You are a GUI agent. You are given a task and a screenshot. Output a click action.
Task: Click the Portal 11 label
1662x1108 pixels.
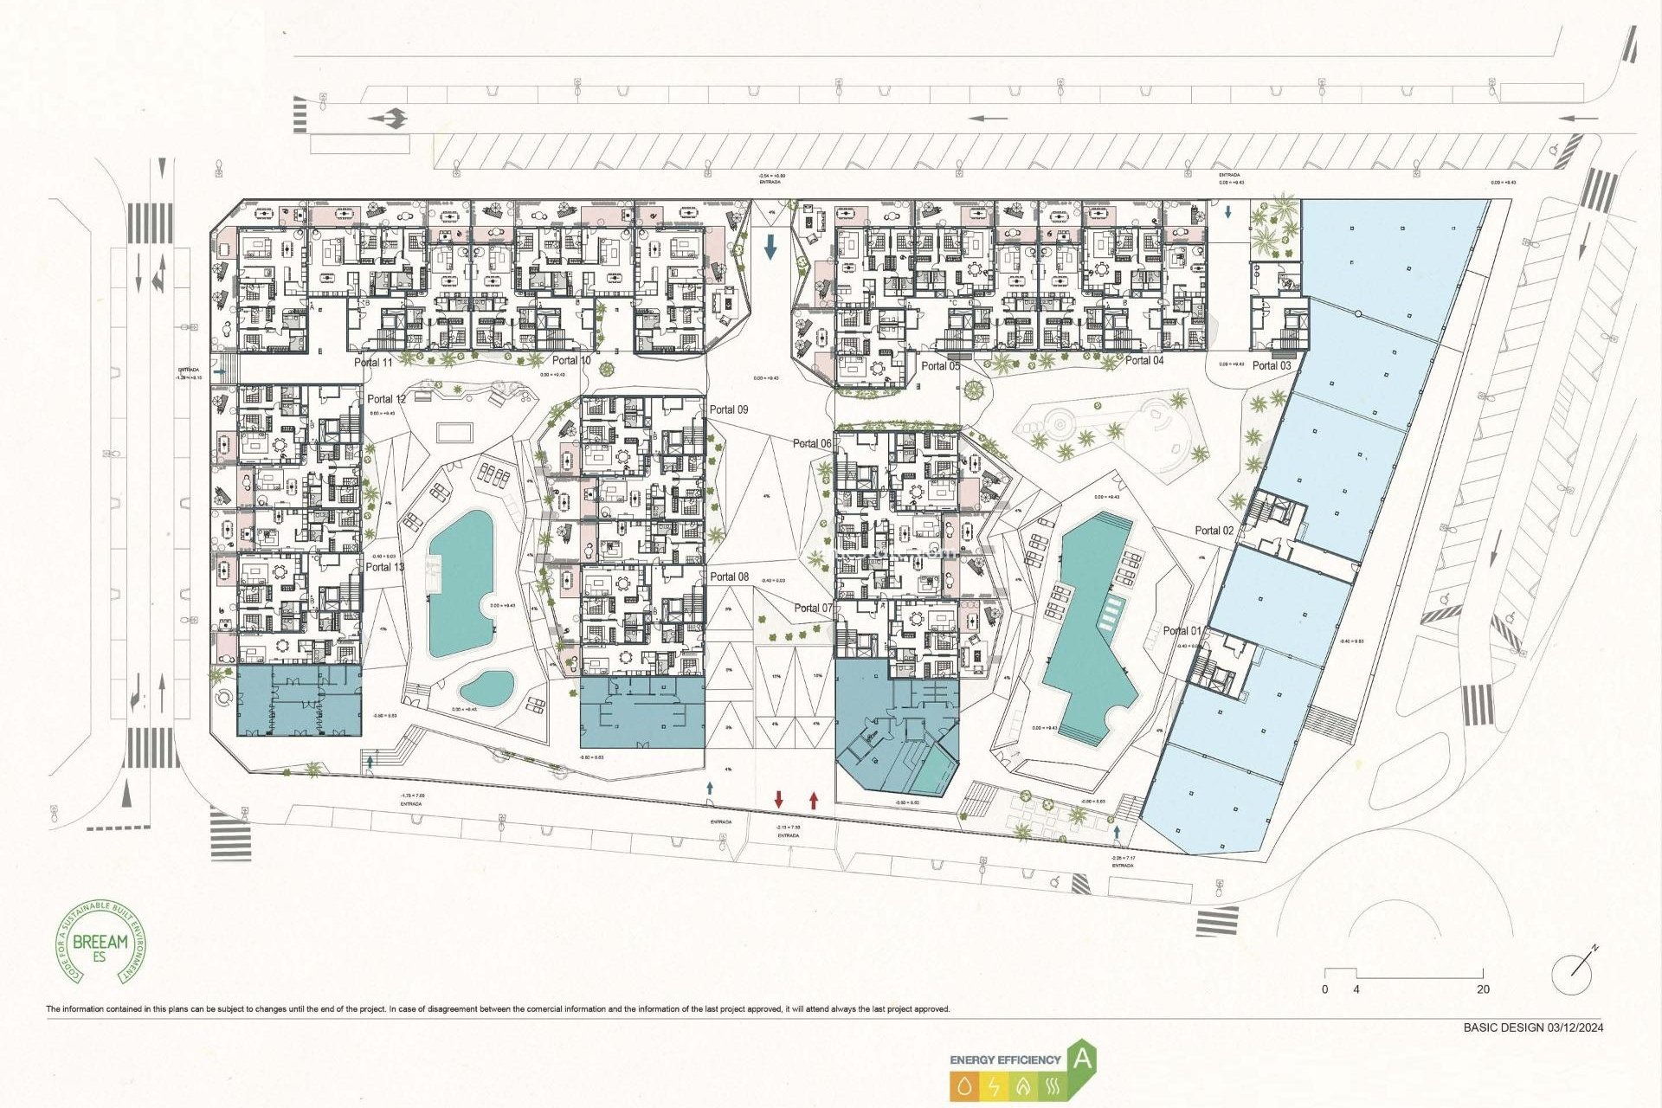coord(373,363)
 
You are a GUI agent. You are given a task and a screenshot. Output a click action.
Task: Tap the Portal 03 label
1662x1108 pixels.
coord(1272,365)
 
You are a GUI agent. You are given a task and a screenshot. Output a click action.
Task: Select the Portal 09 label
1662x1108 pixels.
coord(729,409)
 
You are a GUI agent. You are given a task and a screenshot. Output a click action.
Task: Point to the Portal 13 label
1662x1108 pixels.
coord(384,567)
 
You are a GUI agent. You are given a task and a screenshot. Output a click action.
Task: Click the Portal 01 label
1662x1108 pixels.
coord(1182,631)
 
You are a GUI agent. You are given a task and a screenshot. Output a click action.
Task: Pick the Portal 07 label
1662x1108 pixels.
coord(813,608)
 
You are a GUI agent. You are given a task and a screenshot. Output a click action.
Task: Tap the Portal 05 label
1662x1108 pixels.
coord(940,366)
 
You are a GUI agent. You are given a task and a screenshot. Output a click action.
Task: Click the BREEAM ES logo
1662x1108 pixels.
coord(100,942)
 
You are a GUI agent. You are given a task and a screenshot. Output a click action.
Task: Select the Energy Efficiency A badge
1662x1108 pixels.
coord(1023,1072)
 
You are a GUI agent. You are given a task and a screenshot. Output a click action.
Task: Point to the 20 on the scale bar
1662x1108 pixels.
coord(1483,989)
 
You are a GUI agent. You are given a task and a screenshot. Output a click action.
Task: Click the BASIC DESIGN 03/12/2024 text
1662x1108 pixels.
coord(1533,1027)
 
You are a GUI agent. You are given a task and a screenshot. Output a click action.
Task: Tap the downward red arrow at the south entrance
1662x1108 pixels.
coord(779,799)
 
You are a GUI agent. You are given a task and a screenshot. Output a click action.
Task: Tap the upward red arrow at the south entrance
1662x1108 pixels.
coord(814,799)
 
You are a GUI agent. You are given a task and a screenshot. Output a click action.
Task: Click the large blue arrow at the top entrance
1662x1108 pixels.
coord(770,248)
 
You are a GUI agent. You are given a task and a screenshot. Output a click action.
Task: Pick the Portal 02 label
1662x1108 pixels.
coord(1214,531)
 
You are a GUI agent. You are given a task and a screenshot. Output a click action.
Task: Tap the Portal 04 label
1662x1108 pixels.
coord(1144,360)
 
